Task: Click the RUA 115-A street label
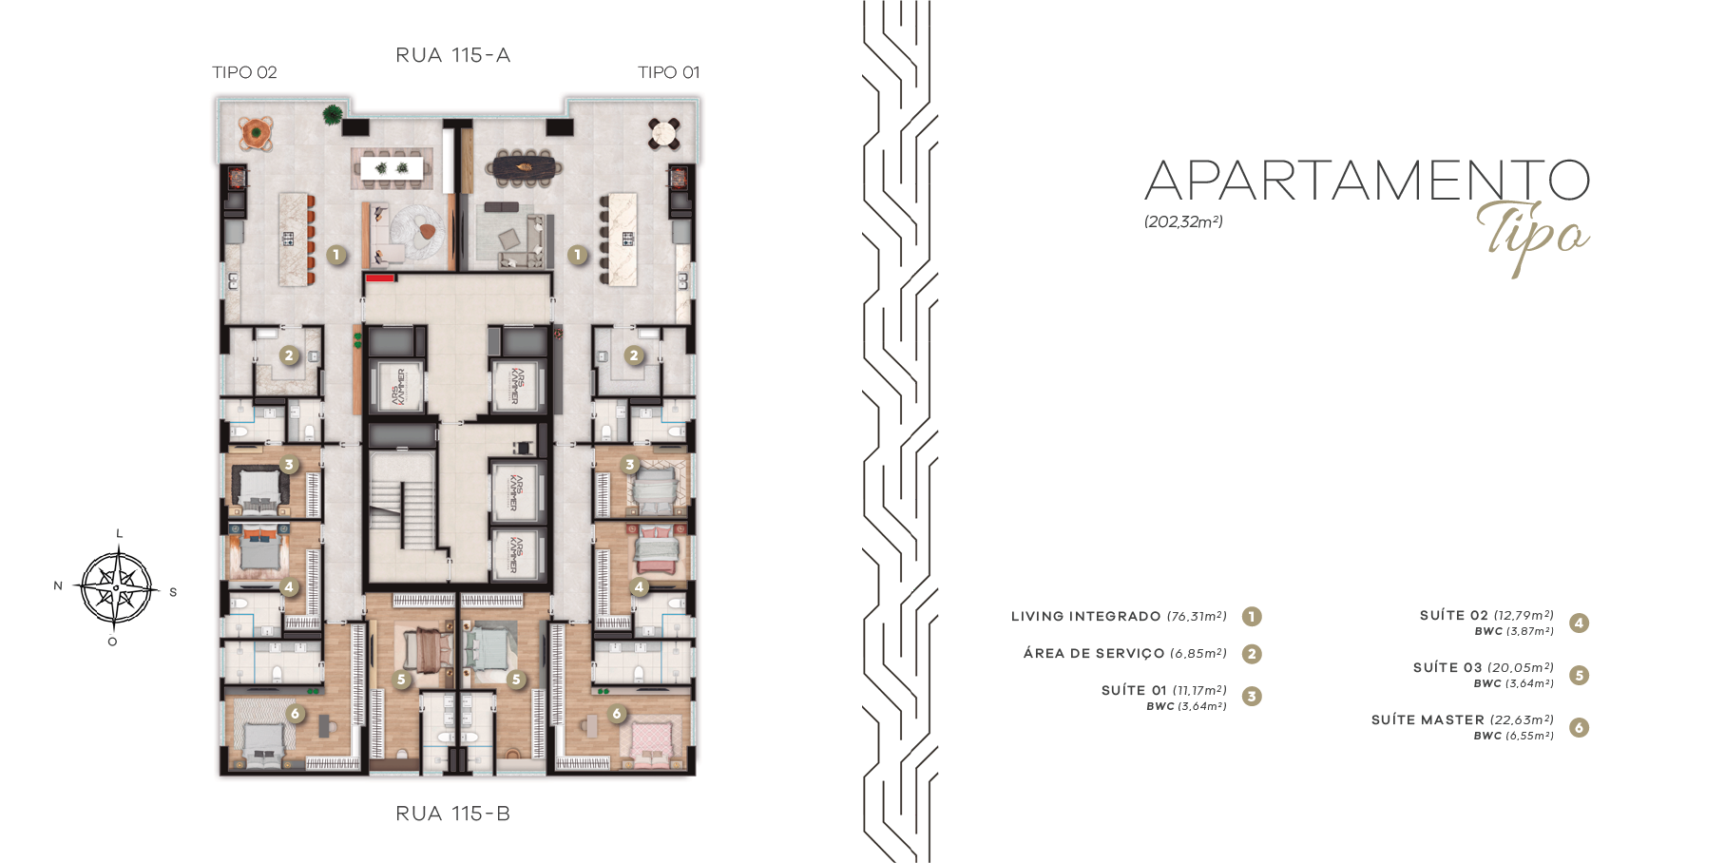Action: [452, 56]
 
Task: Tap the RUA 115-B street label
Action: [452, 814]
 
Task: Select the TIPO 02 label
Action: [244, 72]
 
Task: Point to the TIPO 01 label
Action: [668, 72]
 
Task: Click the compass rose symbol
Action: [116, 588]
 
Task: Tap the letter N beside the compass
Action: [59, 585]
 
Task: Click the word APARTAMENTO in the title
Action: [1367, 181]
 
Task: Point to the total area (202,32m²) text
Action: [1183, 221]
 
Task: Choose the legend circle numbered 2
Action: [1252, 654]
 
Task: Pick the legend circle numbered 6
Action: [1579, 728]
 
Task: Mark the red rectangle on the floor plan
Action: [380, 278]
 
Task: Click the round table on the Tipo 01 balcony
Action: [664, 133]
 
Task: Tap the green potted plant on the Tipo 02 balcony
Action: [332, 115]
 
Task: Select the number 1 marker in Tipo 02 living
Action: [335, 255]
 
